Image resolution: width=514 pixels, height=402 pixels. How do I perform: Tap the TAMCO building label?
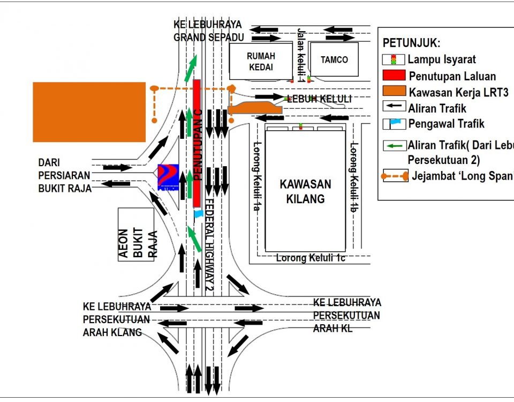[334, 60]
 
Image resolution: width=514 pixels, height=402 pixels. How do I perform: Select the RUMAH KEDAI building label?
[260, 61]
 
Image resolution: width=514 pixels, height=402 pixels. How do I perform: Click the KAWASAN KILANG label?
[305, 191]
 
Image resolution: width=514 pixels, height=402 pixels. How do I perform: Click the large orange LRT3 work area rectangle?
[89, 112]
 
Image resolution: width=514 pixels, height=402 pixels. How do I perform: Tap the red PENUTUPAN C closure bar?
[196, 142]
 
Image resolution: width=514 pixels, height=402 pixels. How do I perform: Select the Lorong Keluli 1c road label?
[311, 258]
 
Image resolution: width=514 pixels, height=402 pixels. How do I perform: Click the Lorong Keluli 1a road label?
[256, 176]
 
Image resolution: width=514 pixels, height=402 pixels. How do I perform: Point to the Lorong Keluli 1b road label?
[353, 176]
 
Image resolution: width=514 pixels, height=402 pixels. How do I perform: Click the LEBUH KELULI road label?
[319, 99]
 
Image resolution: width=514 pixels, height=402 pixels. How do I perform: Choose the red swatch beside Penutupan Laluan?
[394, 75]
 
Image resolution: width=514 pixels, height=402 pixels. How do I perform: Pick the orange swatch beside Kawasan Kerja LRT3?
[394, 92]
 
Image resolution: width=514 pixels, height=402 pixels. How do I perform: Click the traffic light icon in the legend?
[394, 59]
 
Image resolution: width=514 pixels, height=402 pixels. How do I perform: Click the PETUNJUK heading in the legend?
[411, 43]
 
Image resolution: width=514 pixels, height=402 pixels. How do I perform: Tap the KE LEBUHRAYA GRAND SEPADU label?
[208, 31]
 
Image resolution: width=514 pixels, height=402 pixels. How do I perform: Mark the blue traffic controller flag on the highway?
[198, 213]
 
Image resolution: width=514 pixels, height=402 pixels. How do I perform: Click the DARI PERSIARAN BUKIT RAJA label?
[64, 175]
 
